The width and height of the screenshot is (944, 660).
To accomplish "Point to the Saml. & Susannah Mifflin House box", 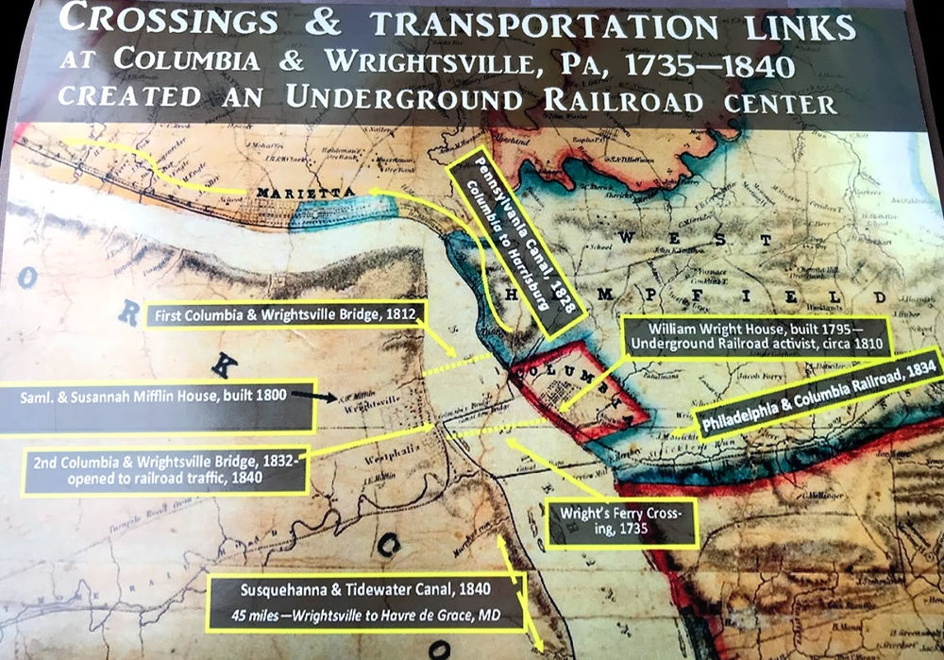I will tap(156, 398).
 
